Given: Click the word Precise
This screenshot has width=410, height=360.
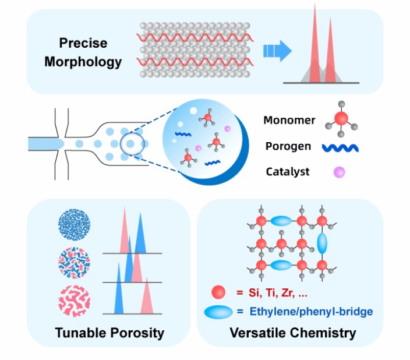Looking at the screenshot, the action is click(x=83, y=43).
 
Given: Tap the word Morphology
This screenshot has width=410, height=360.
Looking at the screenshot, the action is click(x=83, y=62).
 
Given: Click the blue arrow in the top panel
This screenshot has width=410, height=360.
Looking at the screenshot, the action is click(x=277, y=51).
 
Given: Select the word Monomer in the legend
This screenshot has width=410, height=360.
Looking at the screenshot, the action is click(x=289, y=120).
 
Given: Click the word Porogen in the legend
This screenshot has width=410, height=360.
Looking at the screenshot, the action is click(x=288, y=146).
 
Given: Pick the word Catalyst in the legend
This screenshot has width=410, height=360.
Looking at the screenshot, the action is click(x=288, y=172).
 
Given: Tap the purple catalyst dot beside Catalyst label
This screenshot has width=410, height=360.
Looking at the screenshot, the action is click(x=339, y=172).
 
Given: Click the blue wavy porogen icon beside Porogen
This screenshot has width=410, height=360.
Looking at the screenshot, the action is click(x=340, y=148).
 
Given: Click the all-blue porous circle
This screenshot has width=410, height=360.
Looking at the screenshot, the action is click(x=75, y=225).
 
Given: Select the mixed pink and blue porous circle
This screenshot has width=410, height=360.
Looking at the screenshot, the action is click(x=75, y=263).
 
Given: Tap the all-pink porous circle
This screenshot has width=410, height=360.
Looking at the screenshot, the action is click(x=75, y=301).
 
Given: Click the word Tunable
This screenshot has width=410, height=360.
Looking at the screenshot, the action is click(x=81, y=333).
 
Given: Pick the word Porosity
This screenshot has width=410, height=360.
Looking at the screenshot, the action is click(x=137, y=333).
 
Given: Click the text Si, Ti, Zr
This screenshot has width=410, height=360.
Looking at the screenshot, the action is click(x=271, y=292).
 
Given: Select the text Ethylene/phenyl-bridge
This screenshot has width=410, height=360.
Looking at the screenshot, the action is click(x=311, y=311).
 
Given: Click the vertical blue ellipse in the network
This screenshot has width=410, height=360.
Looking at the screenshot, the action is click(x=322, y=243).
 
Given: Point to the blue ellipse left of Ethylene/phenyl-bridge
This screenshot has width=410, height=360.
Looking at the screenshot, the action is click(x=218, y=312).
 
